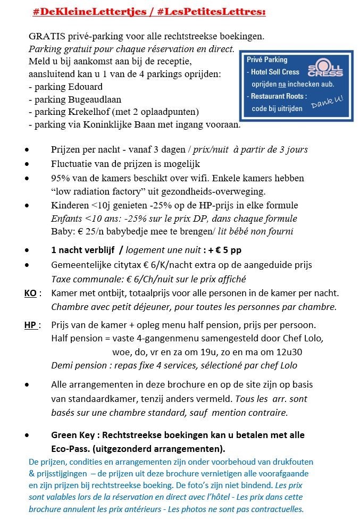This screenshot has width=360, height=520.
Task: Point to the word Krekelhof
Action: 112,112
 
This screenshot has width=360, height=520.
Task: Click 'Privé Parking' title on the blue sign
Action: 267,60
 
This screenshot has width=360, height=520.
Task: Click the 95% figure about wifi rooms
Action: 60,178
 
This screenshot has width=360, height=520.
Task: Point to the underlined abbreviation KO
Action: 31,293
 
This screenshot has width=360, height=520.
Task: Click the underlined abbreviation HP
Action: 31,325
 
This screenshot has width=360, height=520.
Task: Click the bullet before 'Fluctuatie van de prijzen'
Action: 27,164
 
